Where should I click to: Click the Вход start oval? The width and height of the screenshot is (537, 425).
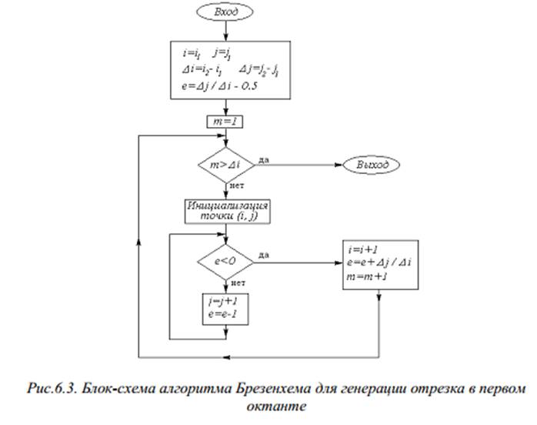[x=225, y=13]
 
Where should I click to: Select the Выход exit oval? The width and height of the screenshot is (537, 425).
[x=372, y=165]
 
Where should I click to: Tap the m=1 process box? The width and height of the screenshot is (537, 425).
[x=225, y=122]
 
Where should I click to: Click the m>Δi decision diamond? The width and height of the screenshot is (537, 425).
[x=225, y=165]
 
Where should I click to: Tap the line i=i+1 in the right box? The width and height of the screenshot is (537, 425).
[x=362, y=251]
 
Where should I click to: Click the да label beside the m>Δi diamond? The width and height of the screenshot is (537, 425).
[x=265, y=159]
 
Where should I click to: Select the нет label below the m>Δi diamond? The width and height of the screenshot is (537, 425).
[x=236, y=186]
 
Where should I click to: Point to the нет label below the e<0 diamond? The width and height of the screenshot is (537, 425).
[x=237, y=283]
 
